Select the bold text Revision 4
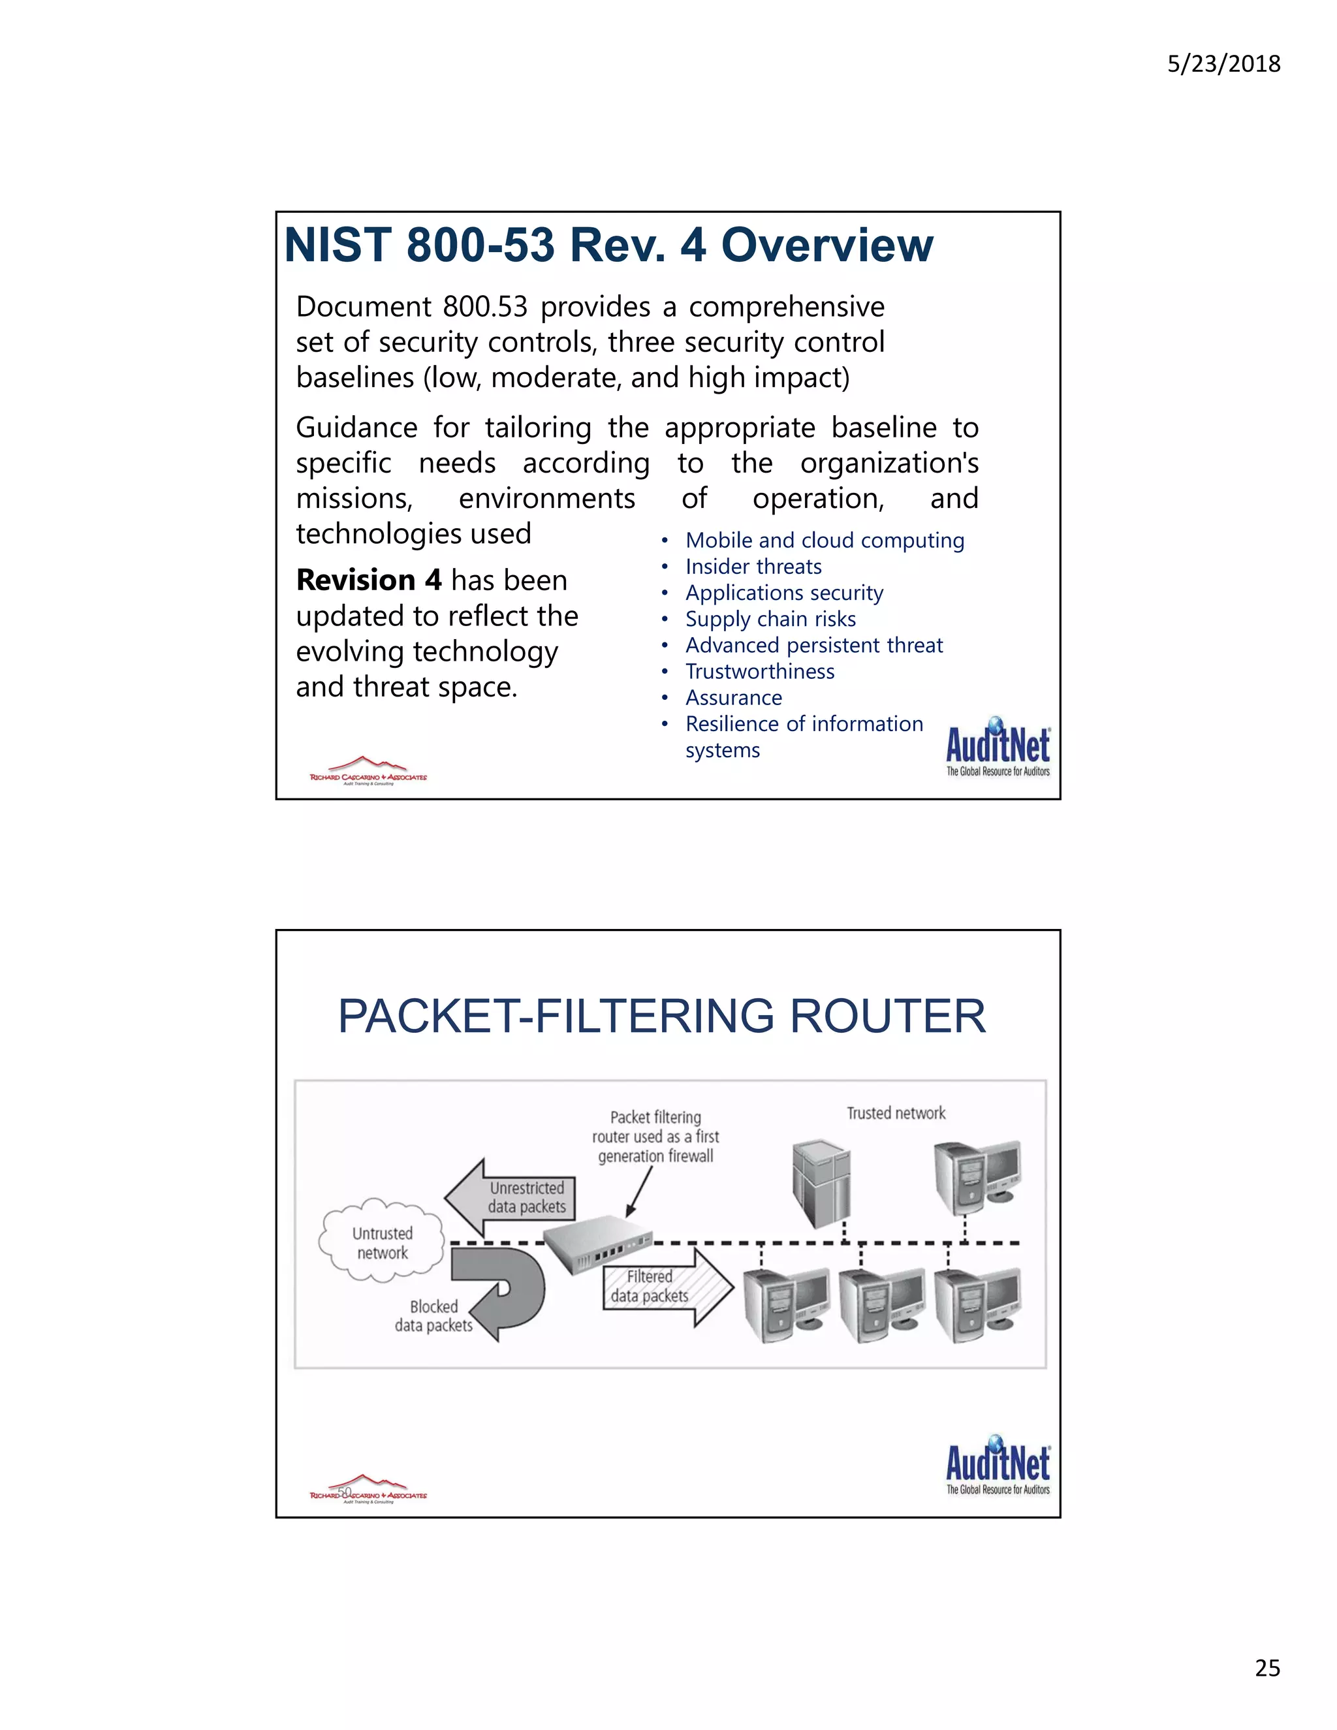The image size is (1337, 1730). [368, 580]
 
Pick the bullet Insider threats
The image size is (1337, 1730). [753, 567]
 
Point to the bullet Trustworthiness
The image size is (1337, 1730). [760, 672]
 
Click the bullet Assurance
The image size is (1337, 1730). [733, 698]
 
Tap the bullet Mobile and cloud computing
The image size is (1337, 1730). [825, 541]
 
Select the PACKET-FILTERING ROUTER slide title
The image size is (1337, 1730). [661, 1016]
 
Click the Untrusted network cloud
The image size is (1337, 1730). [382, 1241]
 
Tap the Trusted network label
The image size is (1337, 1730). [896, 1114]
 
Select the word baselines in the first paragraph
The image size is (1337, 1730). [355, 379]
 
